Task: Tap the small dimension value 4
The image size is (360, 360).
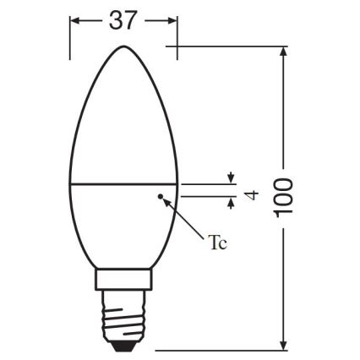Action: tap(249, 196)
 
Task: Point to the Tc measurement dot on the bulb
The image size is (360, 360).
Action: tap(160, 197)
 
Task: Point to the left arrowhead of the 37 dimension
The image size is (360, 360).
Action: tap(74, 21)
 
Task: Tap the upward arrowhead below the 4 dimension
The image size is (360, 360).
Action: tap(230, 201)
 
